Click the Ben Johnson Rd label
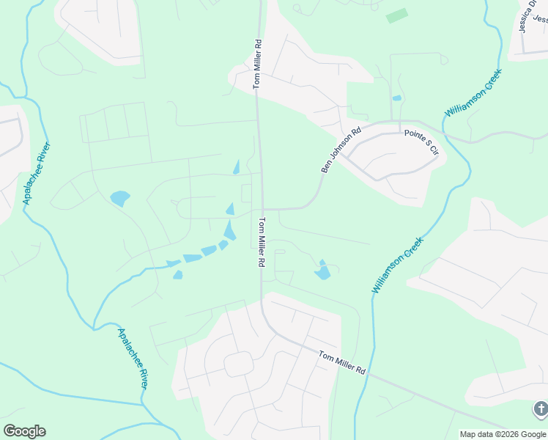pos(341,151)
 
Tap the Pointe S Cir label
pos(421,142)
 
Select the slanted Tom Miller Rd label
pos(341,362)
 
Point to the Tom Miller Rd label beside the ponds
pos(261,241)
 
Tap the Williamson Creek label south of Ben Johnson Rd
pos(398,265)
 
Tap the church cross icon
pos(540,408)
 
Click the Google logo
pos(24,431)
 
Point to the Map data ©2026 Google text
pos(503,434)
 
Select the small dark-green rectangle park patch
pos(396,15)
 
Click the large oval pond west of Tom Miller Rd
pos(119,198)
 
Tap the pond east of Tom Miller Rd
pos(322,272)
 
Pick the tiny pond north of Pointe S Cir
pos(396,98)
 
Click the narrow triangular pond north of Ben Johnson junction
pos(236,167)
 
